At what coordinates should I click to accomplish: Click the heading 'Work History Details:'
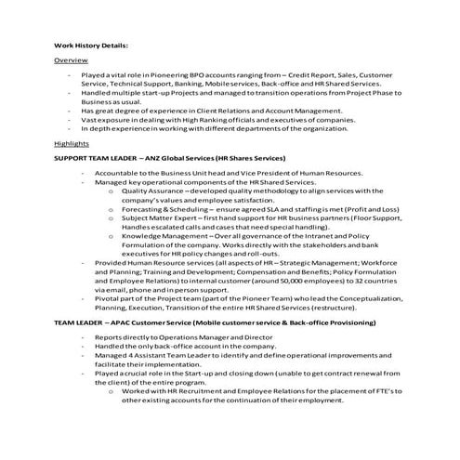click(x=89, y=44)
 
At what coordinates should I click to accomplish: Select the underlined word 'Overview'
click(x=71, y=59)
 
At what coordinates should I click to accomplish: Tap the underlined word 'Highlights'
click(x=72, y=144)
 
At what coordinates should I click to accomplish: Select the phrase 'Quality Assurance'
click(x=155, y=190)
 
